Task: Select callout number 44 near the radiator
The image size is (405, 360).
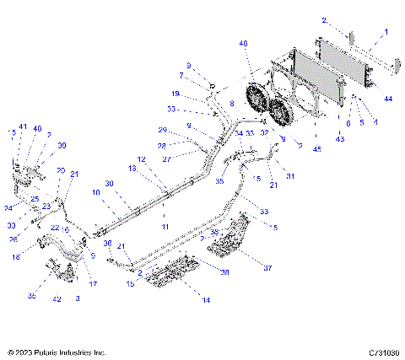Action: tap(389, 99)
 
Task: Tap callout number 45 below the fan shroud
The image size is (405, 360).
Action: tap(316, 149)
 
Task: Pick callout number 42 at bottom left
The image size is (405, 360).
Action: tap(57, 298)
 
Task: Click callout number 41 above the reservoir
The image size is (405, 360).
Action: tap(24, 127)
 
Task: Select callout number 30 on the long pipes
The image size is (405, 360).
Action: tap(110, 185)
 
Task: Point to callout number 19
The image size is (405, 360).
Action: tap(175, 94)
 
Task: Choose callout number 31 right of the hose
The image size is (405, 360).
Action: tap(290, 175)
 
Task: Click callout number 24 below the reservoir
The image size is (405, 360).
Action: tap(8, 207)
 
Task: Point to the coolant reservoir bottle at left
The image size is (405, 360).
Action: tap(17, 168)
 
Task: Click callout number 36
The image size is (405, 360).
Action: tap(108, 243)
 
